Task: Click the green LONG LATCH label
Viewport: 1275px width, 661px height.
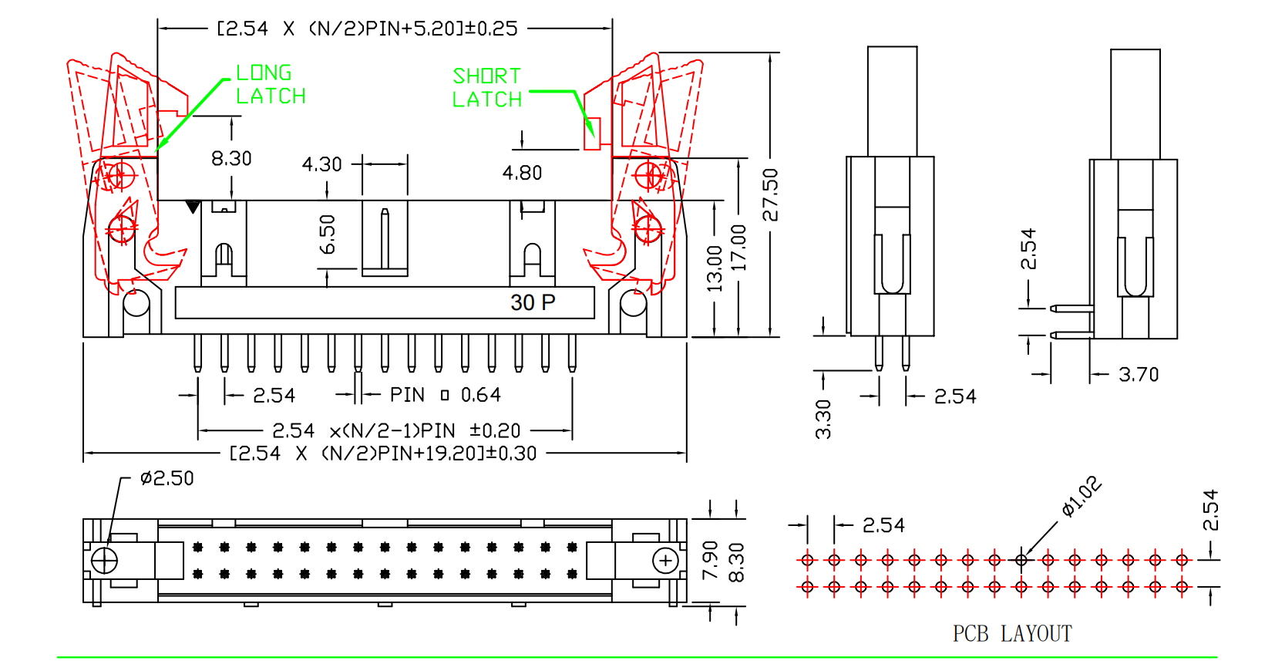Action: [x=271, y=84]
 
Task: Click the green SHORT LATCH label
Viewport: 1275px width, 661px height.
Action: [x=486, y=87]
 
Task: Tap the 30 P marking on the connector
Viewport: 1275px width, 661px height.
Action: [x=533, y=302]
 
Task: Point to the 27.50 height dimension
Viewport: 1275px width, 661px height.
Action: [x=770, y=194]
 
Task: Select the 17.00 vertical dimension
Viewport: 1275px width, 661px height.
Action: [x=738, y=247]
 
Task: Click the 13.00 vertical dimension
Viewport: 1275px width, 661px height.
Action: [x=715, y=268]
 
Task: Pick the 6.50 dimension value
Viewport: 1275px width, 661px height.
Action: [x=328, y=234]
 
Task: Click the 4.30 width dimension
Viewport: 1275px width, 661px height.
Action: [x=321, y=164]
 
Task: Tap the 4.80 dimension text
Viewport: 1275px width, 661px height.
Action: [x=522, y=173]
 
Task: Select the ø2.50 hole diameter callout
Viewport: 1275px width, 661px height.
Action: [x=167, y=478]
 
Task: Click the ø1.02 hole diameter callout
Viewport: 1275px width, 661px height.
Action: [x=1081, y=496]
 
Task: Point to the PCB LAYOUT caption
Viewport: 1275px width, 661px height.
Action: [x=1011, y=634]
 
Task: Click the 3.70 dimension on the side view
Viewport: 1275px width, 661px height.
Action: [x=1138, y=375]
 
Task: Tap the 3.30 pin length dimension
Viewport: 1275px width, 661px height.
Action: [x=823, y=419]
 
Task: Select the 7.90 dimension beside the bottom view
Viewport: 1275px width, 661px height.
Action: [x=710, y=560]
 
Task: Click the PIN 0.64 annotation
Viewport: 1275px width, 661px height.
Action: [x=445, y=395]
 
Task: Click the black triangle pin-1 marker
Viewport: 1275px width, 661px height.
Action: [x=193, y=207]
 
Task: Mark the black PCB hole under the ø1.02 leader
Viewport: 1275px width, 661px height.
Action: [x=1021, y=560]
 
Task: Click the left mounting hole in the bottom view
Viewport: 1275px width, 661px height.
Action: [x=104, y=560]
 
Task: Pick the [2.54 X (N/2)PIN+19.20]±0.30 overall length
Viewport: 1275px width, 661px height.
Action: [x=383, y=454]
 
